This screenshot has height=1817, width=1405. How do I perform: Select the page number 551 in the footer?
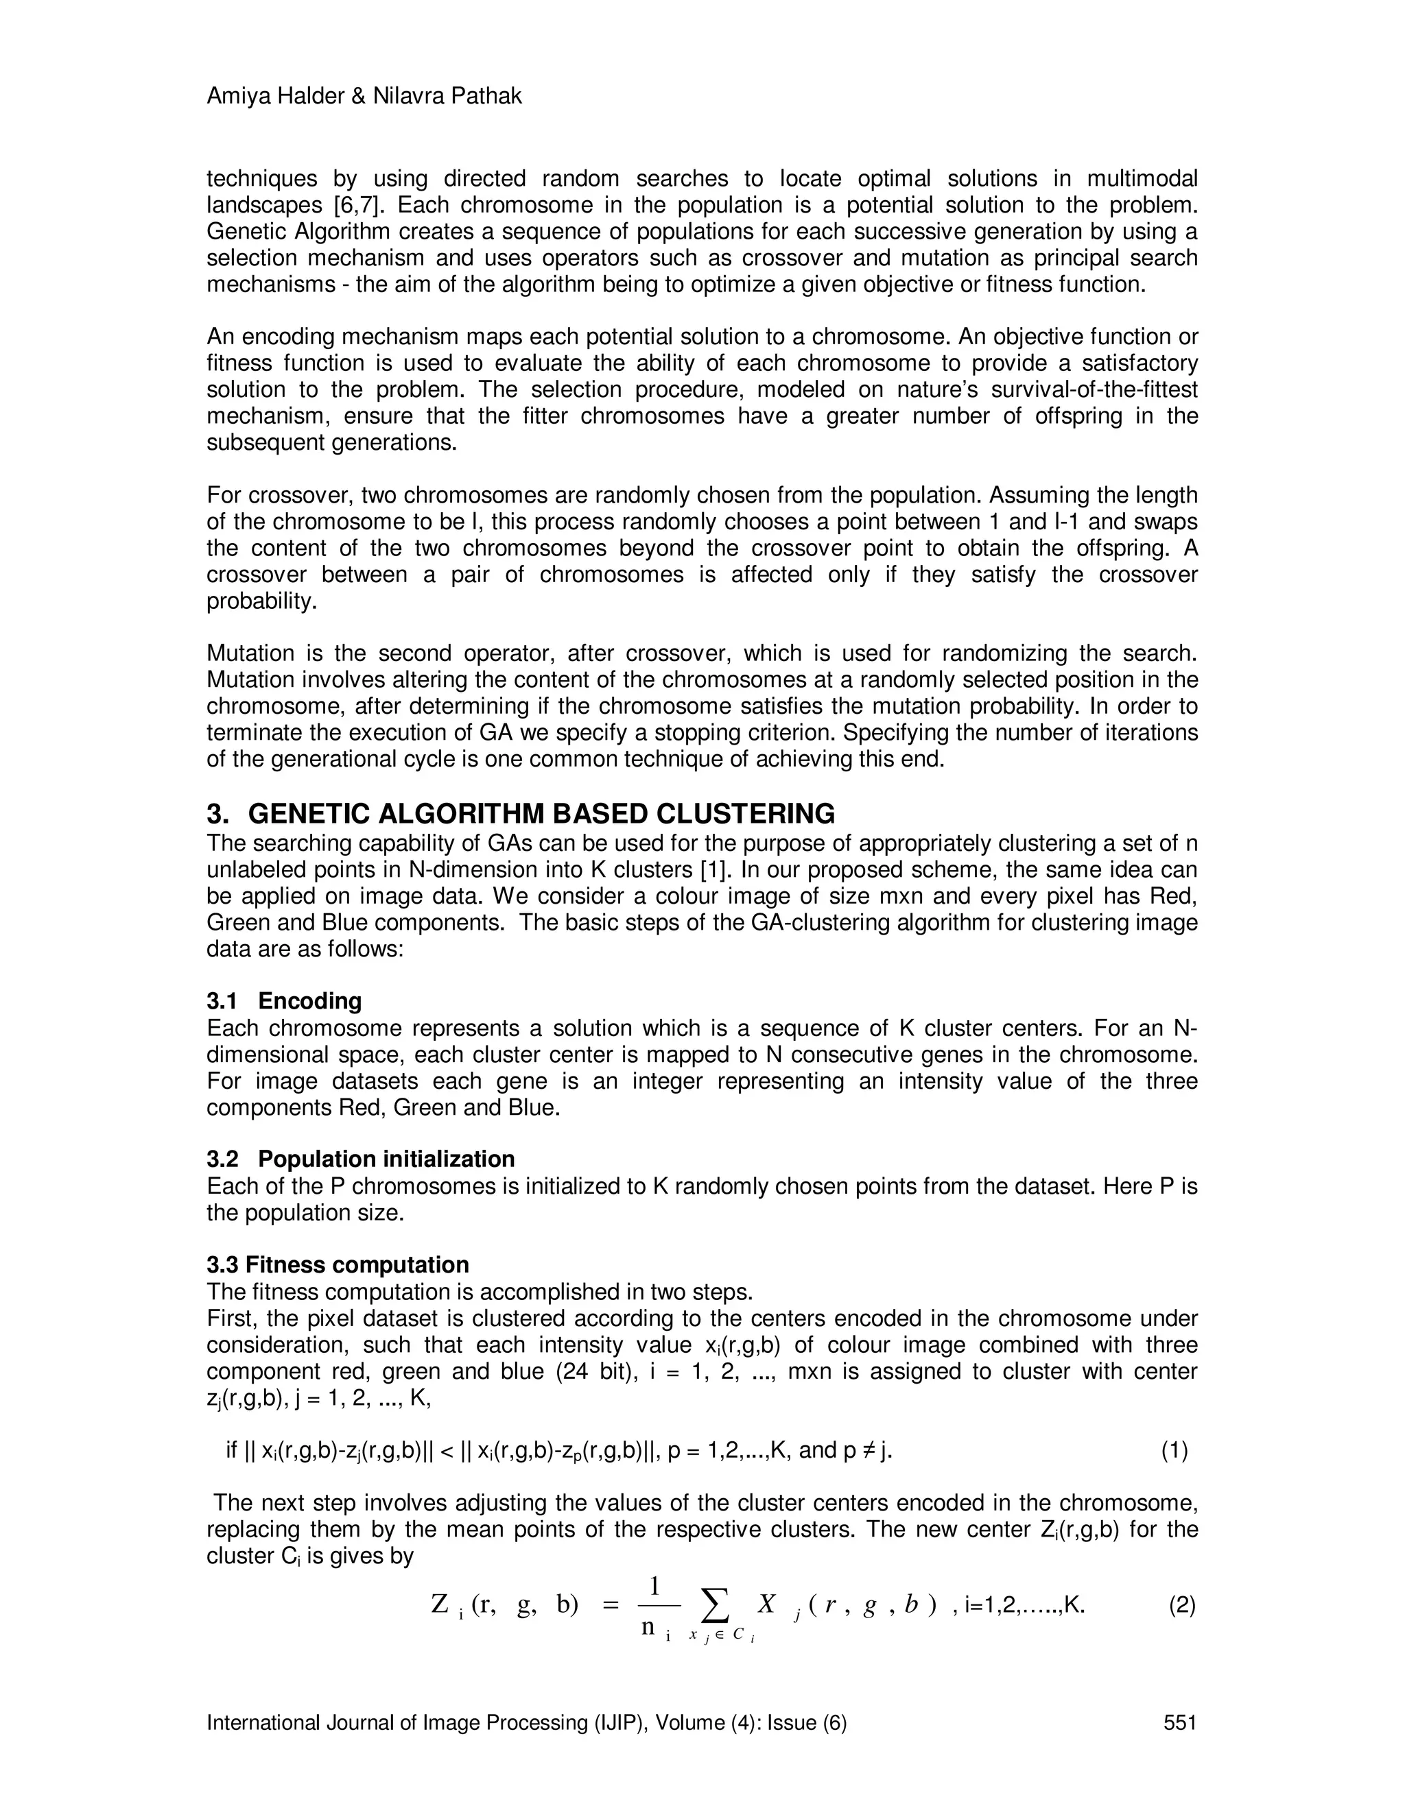[1179, 1722]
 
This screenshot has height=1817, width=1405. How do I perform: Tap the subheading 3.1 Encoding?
[284, 1001]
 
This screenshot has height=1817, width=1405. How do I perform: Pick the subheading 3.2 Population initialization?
[360, 1159]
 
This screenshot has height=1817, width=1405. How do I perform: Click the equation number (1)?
[1174, 1451]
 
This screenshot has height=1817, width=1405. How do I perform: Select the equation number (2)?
[1182, 1605]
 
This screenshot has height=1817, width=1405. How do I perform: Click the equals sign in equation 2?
[609, 1607]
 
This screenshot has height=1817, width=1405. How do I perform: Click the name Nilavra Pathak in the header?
[447, 97]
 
